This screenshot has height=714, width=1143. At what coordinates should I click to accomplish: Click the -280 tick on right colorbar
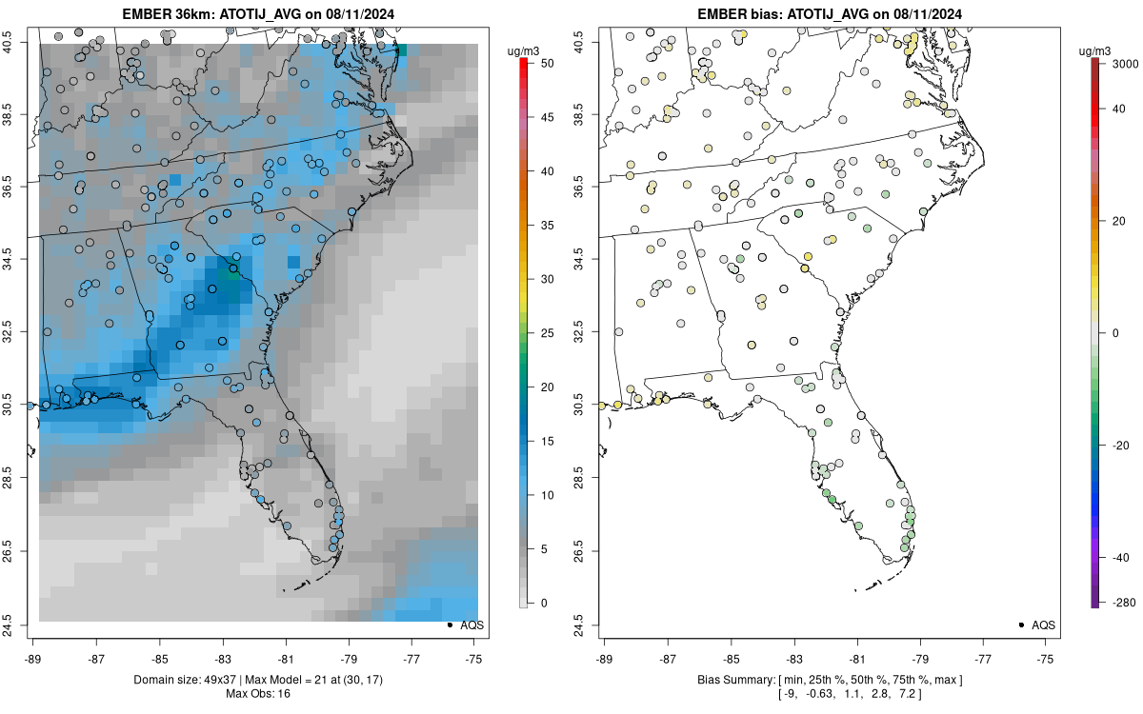pos(1114,603)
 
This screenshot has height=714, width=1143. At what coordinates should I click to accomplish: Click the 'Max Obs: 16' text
pos(258,694)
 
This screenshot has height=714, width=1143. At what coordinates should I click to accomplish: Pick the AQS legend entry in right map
pos(1045,625)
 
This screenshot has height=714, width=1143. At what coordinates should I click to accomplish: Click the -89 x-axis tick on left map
pos(33,658)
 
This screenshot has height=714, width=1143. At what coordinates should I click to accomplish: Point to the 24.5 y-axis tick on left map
pos(20,624)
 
